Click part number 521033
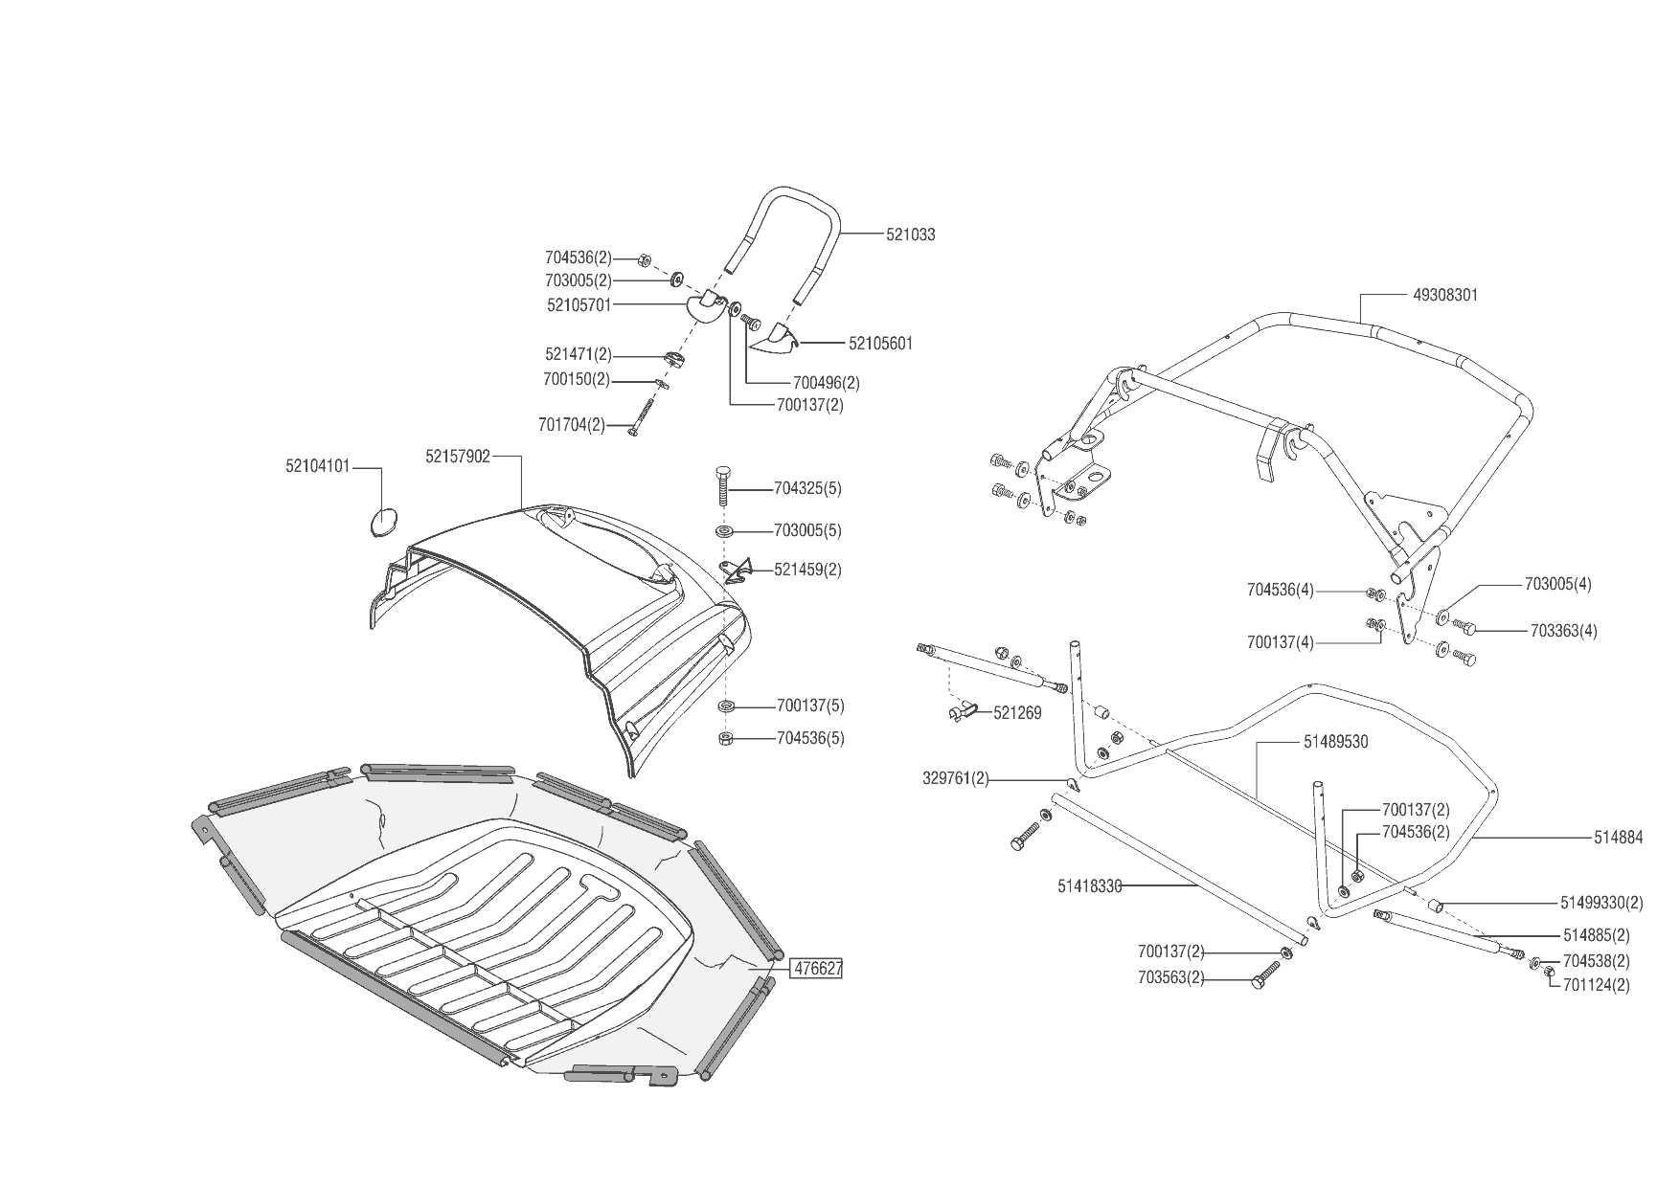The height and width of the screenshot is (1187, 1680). (x=910, y=235)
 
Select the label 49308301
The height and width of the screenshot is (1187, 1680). (x=1445, y=295)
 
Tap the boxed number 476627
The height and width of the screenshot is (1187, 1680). (x=816, y=969)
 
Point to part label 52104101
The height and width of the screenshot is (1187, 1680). (x=317, y=466)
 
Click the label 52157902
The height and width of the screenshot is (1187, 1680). (x=457, y=457)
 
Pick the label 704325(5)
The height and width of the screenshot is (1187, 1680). (x=807, y=489)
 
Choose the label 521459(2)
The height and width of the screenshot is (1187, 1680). (x=807, y=570)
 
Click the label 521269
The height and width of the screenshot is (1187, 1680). (x=1017, y=713)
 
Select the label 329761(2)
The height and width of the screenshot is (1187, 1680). (x=955, y=779)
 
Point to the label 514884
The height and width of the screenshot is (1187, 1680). (x=1618, y=838)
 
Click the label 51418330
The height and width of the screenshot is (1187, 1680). (x=1089, y=886)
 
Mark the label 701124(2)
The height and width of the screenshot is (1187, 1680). (x=1596, y=984)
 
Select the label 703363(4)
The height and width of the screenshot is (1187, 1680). (x=1563, y=631)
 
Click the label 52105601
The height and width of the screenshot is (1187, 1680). (x=880, y=343)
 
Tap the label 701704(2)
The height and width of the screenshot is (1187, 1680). (x=573, y=425)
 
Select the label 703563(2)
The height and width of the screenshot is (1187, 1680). (x=1171, y=978)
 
